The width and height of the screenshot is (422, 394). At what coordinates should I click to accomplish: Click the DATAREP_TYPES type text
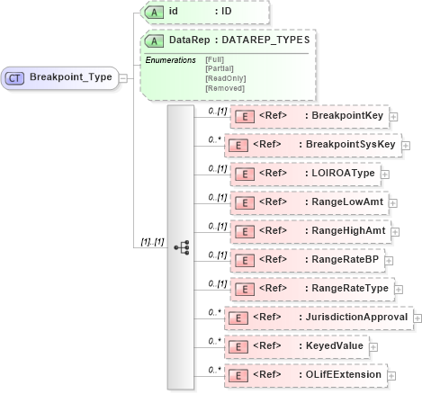coord(266,40)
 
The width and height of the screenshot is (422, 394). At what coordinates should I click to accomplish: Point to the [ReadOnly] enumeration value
coord(224,78)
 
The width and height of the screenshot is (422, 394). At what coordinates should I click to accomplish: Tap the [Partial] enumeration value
coord(220,68)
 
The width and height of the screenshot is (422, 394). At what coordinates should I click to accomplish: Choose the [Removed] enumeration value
coord(223,88)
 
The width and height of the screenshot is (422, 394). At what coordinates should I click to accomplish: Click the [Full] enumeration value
coord(215,59)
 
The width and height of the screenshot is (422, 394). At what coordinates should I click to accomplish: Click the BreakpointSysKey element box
coord(311,145)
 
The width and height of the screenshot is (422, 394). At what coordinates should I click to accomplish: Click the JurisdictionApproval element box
coord(322,318)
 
